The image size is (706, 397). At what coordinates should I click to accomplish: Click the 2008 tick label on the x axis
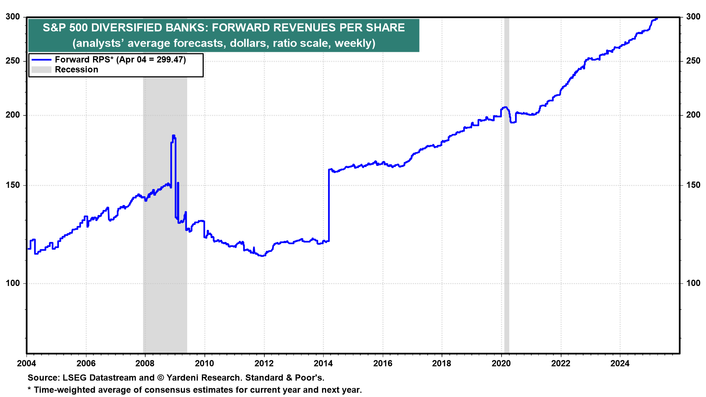coord(145,364)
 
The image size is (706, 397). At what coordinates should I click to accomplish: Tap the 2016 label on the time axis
coord(382,364)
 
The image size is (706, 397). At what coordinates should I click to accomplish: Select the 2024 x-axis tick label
coord(620,364)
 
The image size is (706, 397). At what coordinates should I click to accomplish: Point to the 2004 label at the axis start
coord(26,364)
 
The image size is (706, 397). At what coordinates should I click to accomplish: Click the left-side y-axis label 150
coord(13,185)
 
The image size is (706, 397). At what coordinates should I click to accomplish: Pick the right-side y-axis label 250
coord(693,61)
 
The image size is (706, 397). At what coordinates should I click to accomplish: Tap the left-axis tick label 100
coord(13,283)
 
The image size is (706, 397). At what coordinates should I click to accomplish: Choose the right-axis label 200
coord(693,115)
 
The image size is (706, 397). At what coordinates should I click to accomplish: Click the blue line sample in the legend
coord(41,60)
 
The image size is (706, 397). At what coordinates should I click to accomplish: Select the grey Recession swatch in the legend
coord(41,69)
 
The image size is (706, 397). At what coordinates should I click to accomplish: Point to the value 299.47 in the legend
coord(170,60)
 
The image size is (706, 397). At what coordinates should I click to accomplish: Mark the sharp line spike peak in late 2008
coord(173,136)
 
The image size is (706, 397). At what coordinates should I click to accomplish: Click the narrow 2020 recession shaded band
coord(506,221)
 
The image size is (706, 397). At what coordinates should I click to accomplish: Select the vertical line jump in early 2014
coord(329,206)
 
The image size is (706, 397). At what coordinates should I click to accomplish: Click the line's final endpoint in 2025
coord(657,18)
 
